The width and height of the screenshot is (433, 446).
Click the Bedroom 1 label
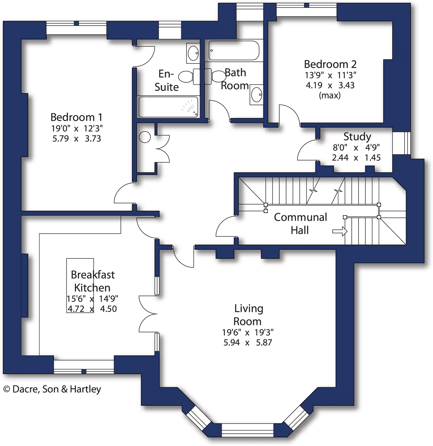[76, 117]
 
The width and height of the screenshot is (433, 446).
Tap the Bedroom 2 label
[330, 64]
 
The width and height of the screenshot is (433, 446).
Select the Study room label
[357, 137]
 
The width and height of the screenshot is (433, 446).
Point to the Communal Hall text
[300, 223]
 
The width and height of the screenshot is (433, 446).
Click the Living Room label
[248, 315]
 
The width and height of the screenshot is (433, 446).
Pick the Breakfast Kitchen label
[92, 281]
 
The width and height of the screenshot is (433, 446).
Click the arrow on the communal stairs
[340, 232]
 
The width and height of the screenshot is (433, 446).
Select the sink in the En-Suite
[193, 53]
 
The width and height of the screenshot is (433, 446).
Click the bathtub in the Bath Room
[234, 50]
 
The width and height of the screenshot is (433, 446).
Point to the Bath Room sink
[257, 94]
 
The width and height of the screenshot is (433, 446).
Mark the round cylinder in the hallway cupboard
[145, 137]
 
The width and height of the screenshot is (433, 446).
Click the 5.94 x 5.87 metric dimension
[248, 342]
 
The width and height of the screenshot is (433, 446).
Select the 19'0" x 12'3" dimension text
[77, 128]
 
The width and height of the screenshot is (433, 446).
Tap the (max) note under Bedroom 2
[330, 95]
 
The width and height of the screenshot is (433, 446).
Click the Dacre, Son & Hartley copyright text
[52, 389]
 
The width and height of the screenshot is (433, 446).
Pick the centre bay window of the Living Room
[248, 430]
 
